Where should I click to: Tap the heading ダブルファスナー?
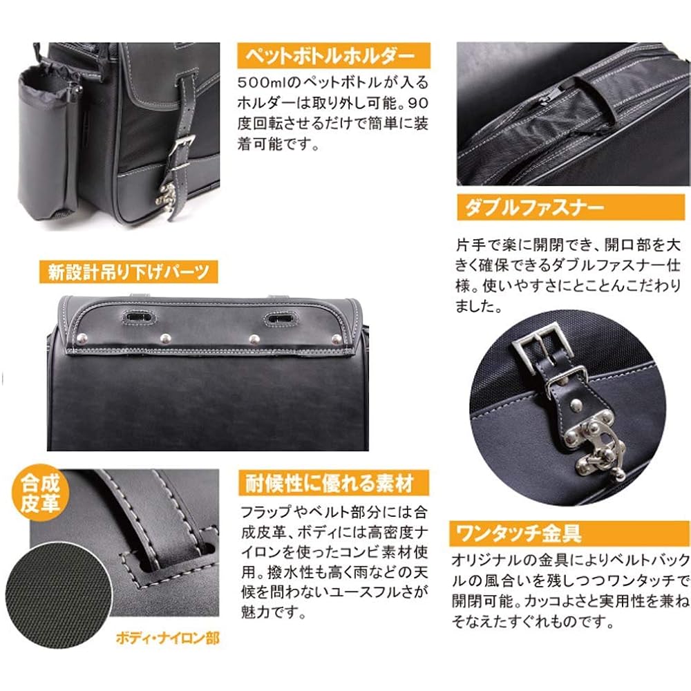point(534,207)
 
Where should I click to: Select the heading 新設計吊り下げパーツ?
point(129,272)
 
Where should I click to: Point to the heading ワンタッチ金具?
point(519,533)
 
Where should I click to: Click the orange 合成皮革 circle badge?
point(40,493)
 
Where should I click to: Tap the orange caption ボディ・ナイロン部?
point(167,638)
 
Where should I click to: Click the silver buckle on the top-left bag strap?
point(182,151)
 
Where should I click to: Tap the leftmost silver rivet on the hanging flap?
point(82,339)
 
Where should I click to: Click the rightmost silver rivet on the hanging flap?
point(337,339)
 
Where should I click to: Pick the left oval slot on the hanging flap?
point(138,316)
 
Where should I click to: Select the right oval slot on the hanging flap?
point(281,318)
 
